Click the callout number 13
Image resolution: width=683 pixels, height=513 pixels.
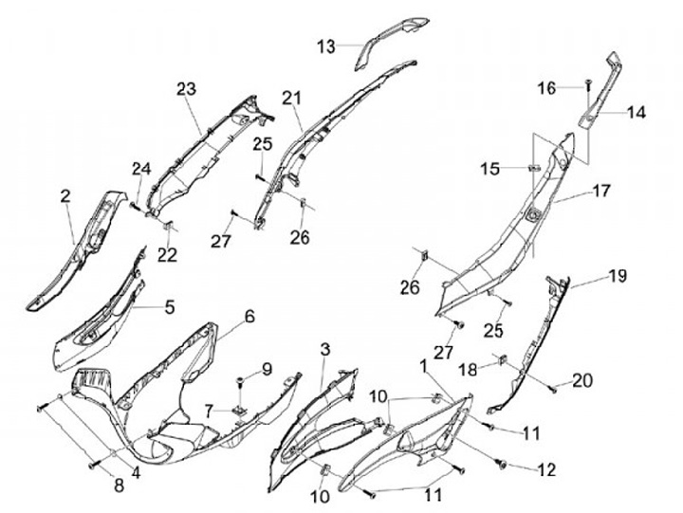click(x=326, y=46)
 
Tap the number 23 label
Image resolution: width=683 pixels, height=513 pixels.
click(x=185, y=88)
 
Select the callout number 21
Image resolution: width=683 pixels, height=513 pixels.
click(x=291, y=98)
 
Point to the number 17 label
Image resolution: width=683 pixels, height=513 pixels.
click(x=601, y=191)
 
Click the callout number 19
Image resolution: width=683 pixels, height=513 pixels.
click(x=618, y=276)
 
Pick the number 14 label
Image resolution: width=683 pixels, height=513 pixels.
click(x=636, y=112)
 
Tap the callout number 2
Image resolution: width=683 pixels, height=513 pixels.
click(x=65, y=196)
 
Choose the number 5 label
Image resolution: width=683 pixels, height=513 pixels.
click(x=169, y=306)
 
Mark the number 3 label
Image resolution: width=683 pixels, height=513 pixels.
click(x=324, y=351)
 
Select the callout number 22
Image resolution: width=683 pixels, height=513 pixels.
click(x=167, y=254)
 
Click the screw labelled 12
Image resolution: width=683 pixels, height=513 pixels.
click(x=503, y=465)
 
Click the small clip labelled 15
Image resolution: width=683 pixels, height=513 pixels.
click(x=533, y=169)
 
